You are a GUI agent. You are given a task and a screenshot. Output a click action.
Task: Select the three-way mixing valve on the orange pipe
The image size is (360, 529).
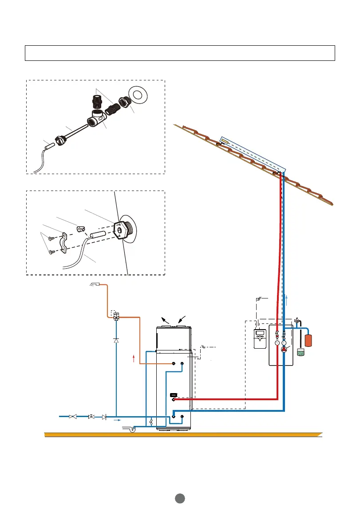(x=116, y=317)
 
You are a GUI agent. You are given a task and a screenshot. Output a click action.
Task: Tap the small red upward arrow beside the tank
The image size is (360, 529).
(x=134, y=358)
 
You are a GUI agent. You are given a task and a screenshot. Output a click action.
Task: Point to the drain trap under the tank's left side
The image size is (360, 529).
(x=131, y=430)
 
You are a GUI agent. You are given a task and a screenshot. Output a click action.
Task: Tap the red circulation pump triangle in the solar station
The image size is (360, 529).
(x=284, y=350)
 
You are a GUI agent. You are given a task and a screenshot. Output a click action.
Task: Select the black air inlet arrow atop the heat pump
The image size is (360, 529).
(x=181, y=319)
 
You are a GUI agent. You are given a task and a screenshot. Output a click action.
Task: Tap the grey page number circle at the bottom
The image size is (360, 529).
(x=179, y=498)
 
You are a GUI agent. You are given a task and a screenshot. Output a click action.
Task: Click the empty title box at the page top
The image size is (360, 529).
(x=179, y=52)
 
